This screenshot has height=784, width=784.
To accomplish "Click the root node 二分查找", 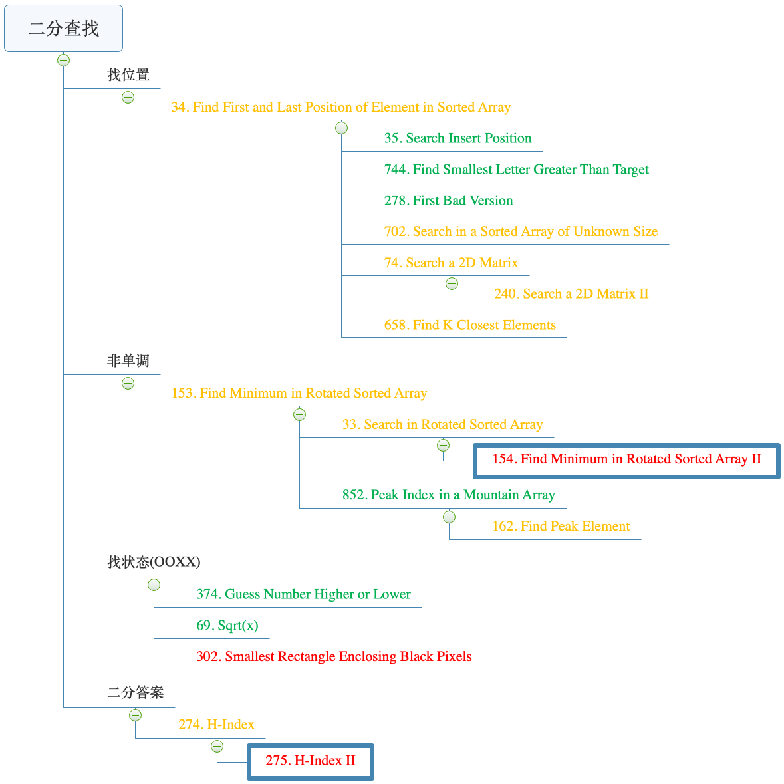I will click(63, 29).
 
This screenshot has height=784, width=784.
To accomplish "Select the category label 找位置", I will click(128, 75).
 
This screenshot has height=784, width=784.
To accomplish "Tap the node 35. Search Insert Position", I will click(457, 138).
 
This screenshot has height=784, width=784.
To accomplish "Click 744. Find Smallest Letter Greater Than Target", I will click(516, 170).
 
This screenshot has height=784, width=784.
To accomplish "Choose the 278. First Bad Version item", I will click(448, 201).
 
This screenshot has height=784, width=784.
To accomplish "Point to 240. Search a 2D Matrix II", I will click(571, 294).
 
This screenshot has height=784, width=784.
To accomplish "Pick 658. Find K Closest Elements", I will click(469, 325).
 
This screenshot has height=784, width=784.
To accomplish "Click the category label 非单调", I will click(128, 361).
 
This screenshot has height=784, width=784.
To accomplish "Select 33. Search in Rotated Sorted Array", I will click(442, 425).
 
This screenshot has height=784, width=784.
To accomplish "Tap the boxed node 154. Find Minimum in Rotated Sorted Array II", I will click(626, 459).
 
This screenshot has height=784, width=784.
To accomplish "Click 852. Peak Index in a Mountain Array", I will click(448, 495).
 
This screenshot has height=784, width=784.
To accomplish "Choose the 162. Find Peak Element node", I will click(561, 527).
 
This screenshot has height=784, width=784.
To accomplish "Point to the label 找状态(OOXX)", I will click(154, 562).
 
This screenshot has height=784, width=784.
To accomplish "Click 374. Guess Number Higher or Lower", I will click(303, 594).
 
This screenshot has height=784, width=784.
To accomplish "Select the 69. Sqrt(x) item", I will click(227, 626).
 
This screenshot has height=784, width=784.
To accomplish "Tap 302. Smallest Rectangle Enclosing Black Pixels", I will click(334, 657).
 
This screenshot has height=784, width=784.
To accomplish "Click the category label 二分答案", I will click(136, 692).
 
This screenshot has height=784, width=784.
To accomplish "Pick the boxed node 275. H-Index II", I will click(311, 761).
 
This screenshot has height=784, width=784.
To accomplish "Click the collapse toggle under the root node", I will click(63, 61).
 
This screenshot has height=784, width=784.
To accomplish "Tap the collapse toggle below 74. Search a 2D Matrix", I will click(452, 284).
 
